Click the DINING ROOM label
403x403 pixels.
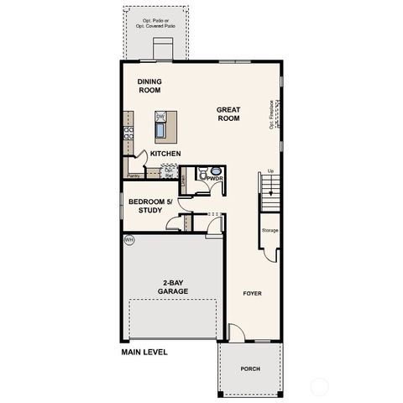tap(149, 86)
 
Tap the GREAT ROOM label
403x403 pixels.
tap(228, 114)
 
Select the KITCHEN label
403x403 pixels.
tap(166, 154)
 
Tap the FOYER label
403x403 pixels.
tap(253, 293)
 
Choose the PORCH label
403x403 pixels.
tap(250, 368)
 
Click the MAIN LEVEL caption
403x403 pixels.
tap(144, 353)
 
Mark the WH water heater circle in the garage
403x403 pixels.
tap(129, 240)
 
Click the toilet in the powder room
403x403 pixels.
tap(201, 174)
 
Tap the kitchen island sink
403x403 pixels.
tap(160, 131)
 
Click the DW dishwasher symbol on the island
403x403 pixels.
tap(160, 117)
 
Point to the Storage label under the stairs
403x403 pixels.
tap(270, 229)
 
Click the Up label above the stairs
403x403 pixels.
tap(270, 171)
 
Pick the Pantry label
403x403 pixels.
tap(133, 175)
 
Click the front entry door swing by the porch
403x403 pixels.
tap(237, 332)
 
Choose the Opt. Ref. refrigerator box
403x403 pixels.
tap(169, 171)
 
